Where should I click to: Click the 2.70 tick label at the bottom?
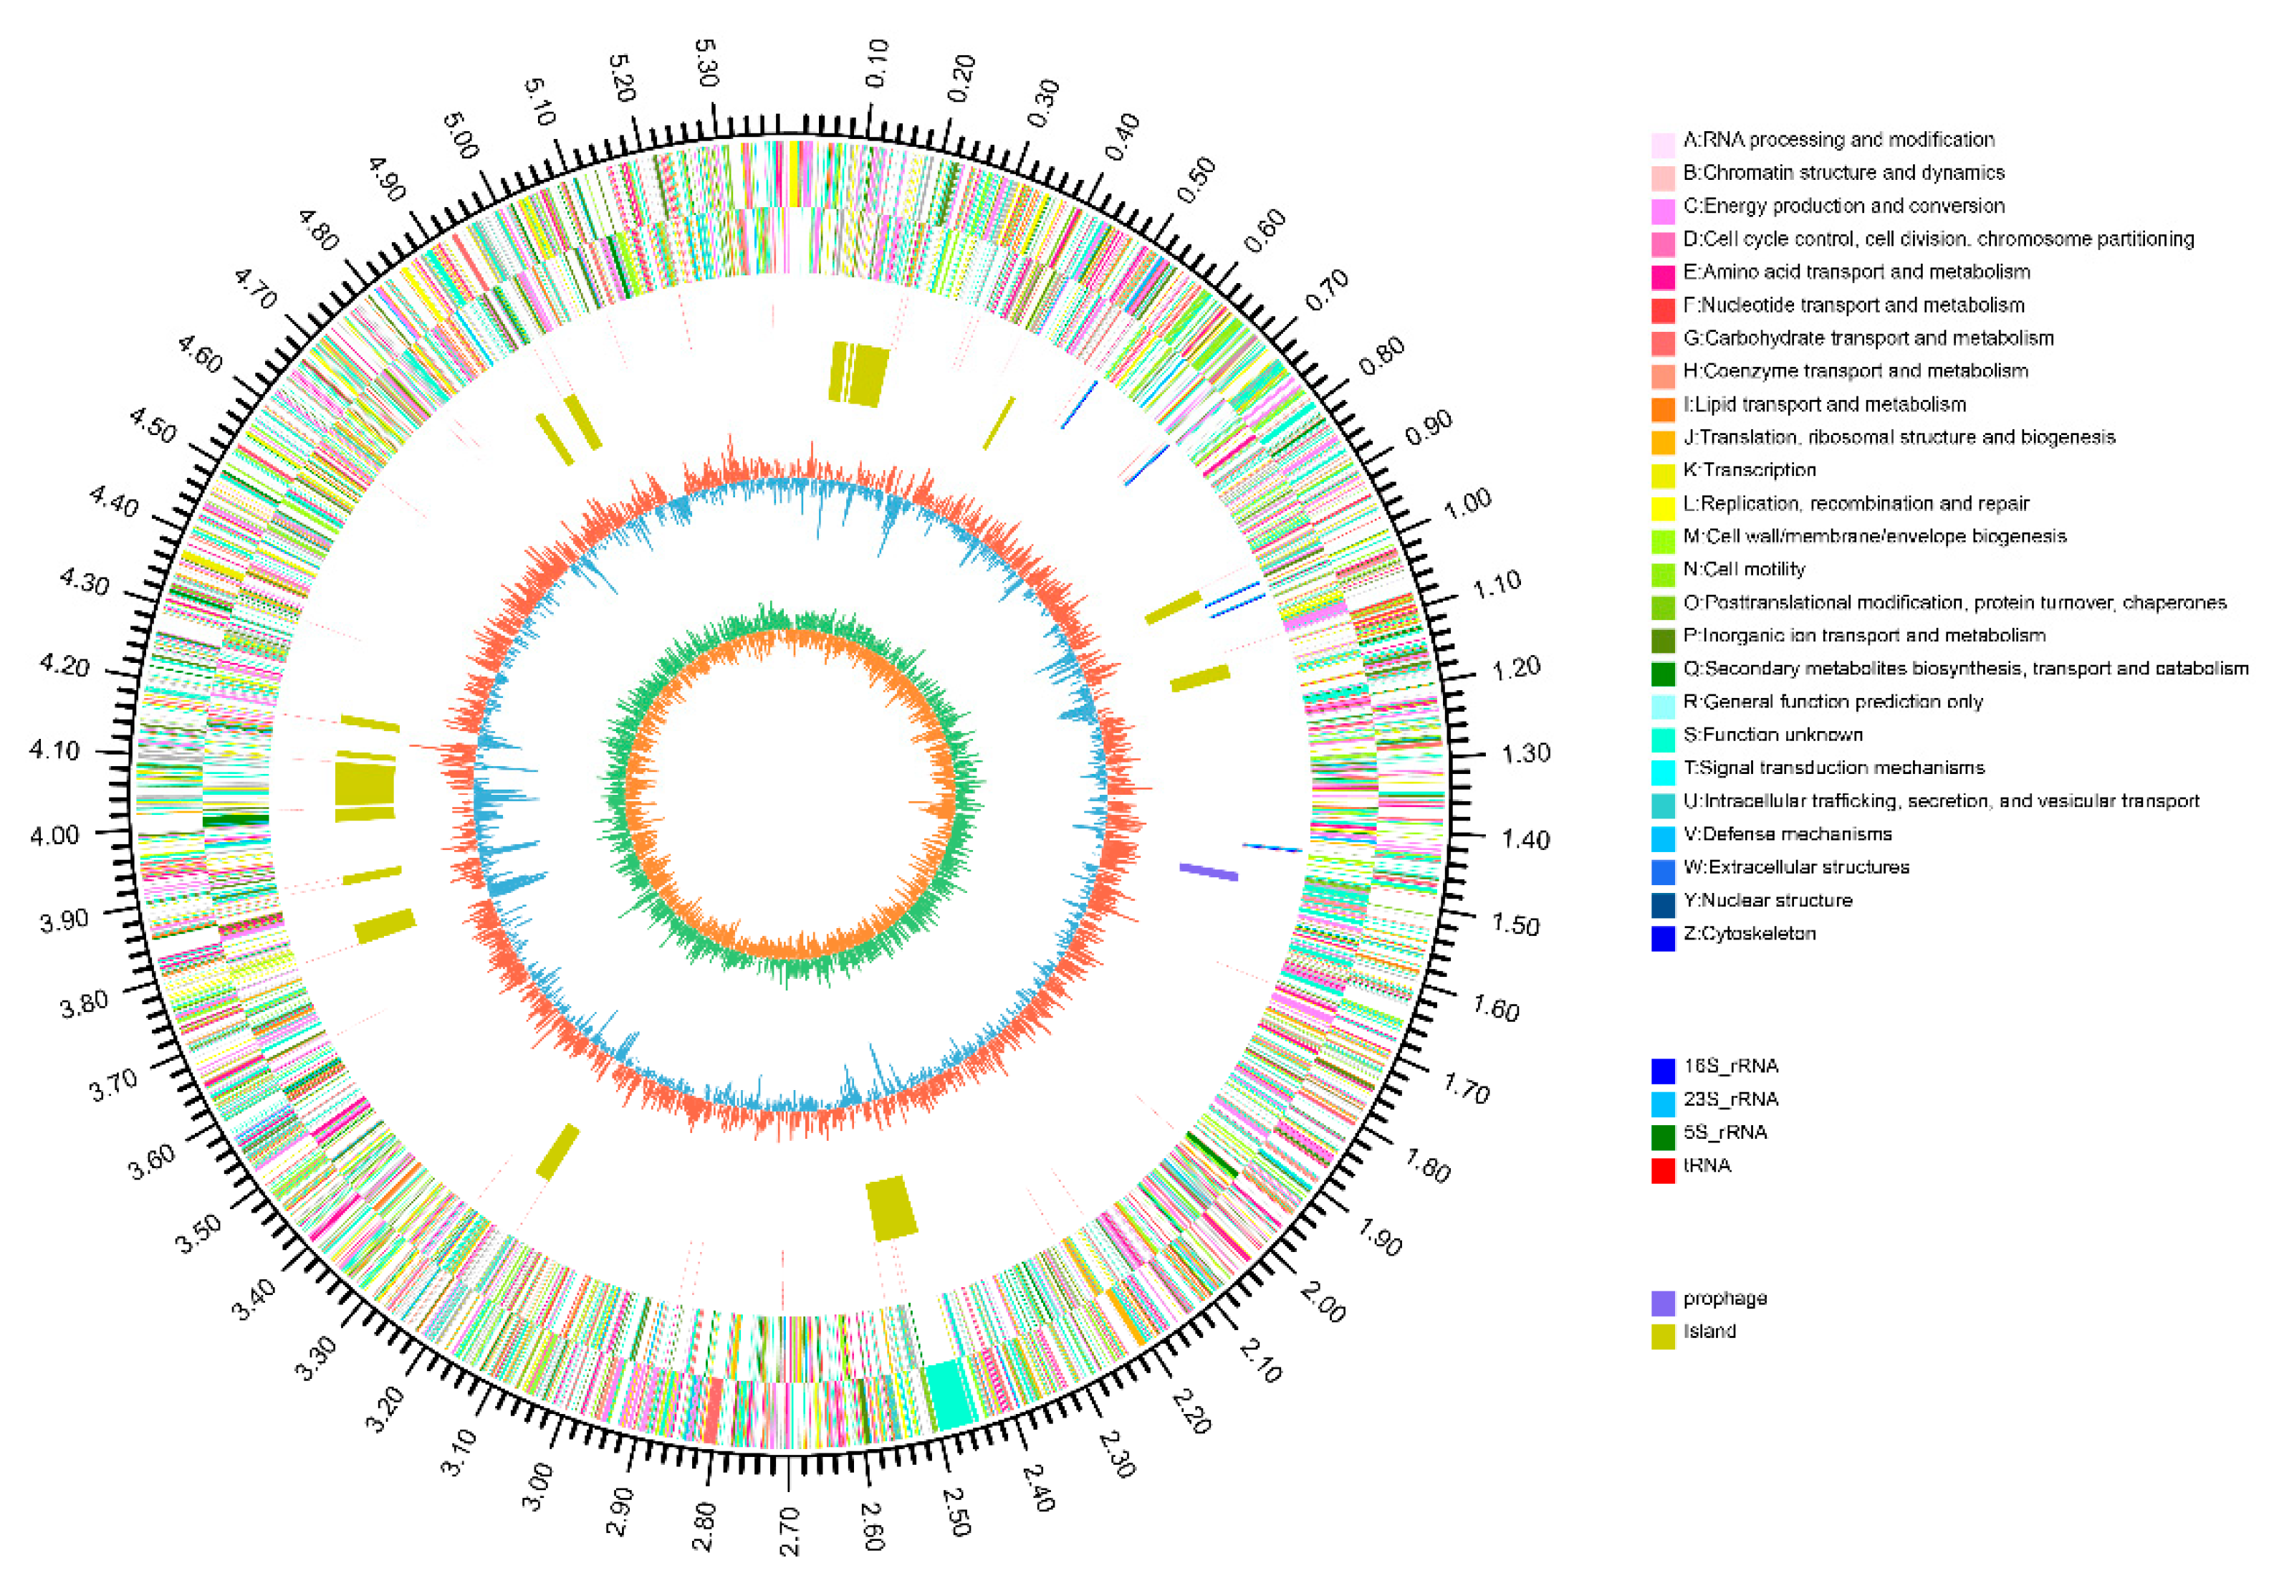[790, 1531]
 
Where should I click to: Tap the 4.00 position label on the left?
[54, 835]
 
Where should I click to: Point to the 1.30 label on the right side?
[1525, 754]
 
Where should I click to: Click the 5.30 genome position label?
[705, 62]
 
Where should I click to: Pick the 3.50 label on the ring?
[199, 1233]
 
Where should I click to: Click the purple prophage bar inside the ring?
[1209, 871]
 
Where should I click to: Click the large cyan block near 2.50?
[949, 1395]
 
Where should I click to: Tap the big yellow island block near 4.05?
[365, 787]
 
